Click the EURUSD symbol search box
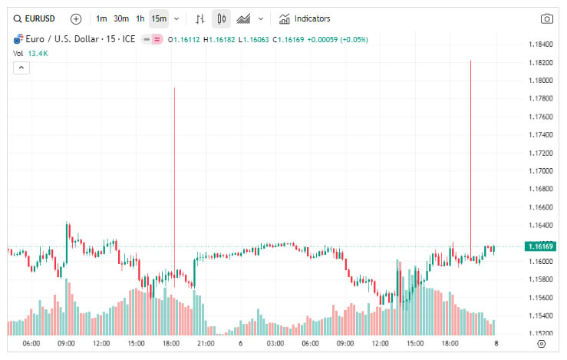click(35, 18)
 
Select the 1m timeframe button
click(101, 18)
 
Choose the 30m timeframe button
click(121, 18)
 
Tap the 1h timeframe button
click(140, 18)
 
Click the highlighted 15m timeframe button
click(159, 18)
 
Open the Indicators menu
click(305, 18)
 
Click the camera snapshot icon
click(547, 18)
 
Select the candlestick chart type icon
click(221, 18)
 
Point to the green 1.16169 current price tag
click(541, 246)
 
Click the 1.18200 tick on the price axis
click(541, 62)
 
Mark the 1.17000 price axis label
click(541, 170)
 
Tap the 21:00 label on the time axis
click(206, 343)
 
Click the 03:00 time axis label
click(275, 343)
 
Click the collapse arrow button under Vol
click(21, 68)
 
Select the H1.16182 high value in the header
click(219, 39)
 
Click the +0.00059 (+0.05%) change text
click(338, 39)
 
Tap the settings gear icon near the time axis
click(542, 343)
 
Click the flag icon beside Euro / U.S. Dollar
click(18, 38)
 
